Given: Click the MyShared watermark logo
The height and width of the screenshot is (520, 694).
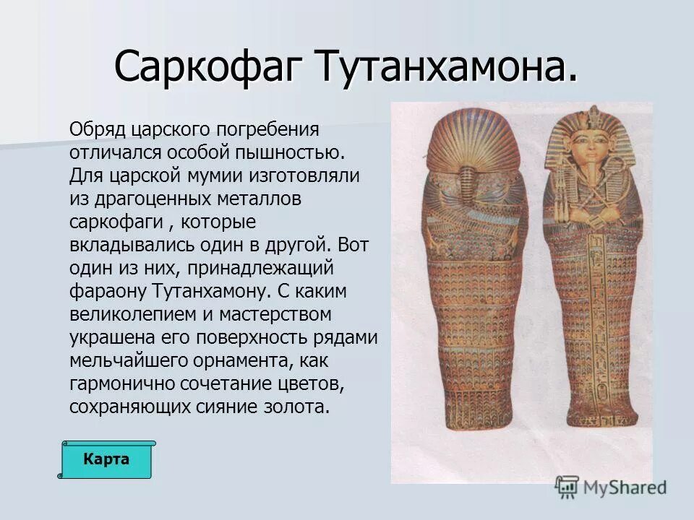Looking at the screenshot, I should point(612,487).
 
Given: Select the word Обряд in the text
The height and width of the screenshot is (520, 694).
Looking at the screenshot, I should point(98,130).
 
